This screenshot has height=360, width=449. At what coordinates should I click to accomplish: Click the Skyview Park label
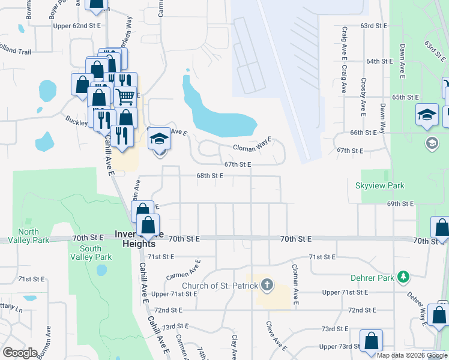click(379, 186)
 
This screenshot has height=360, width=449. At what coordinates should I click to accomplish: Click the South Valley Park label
click(90, 253)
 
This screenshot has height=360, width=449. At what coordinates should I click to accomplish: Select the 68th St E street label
click(209, 176)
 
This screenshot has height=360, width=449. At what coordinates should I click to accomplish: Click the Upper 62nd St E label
click(75, 26)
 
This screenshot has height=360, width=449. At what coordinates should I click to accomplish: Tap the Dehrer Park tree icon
click(404, 277)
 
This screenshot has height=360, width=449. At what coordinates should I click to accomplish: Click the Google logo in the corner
click(20, 353)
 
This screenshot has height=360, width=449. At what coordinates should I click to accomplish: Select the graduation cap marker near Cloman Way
click(159, 139)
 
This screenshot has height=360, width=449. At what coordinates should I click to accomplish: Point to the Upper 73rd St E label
click(340, 347)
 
